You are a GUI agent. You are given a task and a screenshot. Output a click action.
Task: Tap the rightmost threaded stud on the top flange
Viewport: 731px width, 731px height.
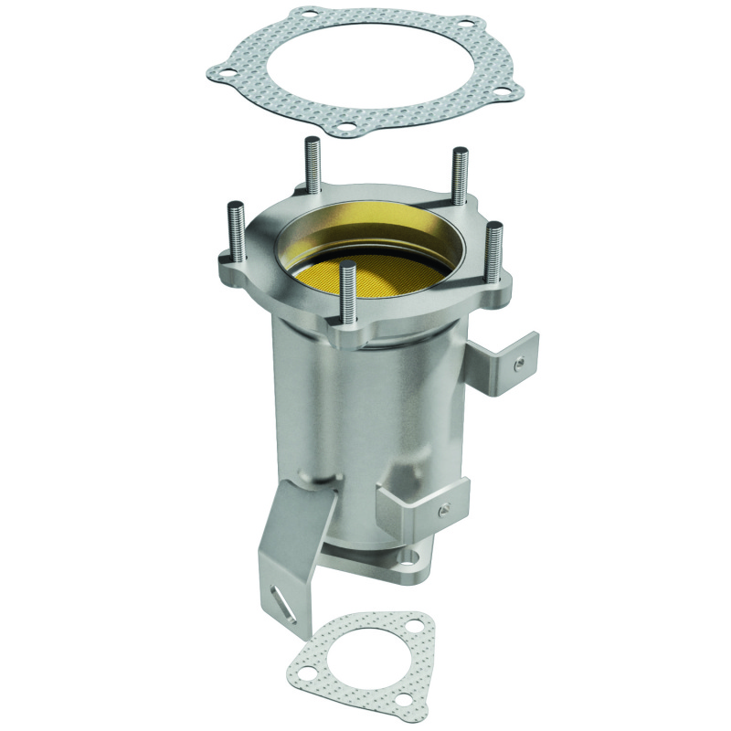pos(493,256)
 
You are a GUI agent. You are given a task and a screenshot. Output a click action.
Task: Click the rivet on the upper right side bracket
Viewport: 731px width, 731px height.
pos(518,364)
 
